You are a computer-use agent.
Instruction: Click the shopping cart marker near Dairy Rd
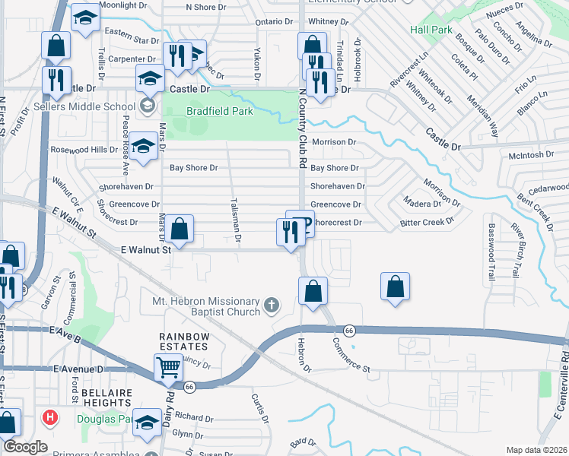click(x=168, y=368)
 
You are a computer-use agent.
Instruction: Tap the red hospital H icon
click(x=50, y=417)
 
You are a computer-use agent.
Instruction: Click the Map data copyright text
click(x=537, y=450)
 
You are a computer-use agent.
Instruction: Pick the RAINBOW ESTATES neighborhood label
click(x=183, y=342)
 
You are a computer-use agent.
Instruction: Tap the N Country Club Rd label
click(x=302, y=129)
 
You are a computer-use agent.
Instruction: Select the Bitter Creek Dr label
click(x=427, y=223)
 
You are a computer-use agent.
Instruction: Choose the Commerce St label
click(x=351, y=355)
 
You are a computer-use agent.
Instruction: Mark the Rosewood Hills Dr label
click(x=84, y=150)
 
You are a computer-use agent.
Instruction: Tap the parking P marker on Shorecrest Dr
click(x=302, y=223)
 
